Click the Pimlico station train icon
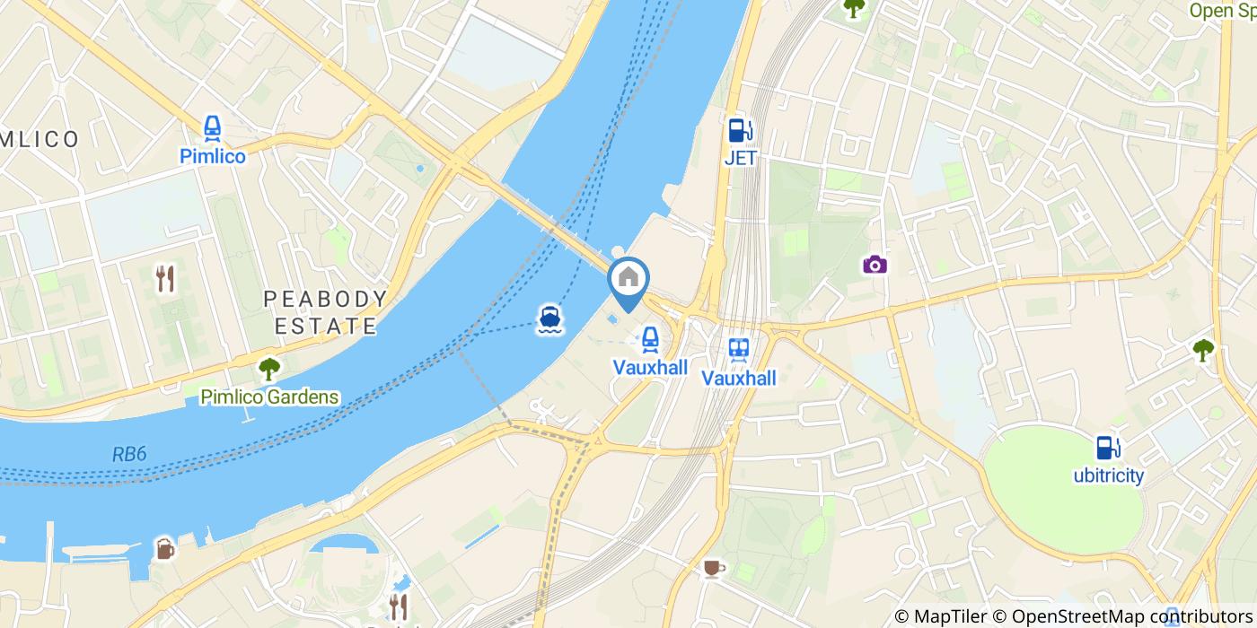[213, 128]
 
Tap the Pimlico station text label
[213, 156]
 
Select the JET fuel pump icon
[740, 131]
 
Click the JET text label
[740, 158]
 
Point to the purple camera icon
[875, 264]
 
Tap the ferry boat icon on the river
[549, 318]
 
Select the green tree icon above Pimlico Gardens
[268, 369]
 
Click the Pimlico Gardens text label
[269, 397]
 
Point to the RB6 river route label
[129, 455]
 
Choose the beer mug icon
[165, 548]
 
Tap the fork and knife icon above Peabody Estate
[165, 279]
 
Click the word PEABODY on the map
[326, 299]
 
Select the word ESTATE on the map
[326, 326]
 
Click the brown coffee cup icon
[713, 567]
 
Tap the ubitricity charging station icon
[1109, 447]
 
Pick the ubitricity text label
[1109, 475]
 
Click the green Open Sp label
[1222, 11]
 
